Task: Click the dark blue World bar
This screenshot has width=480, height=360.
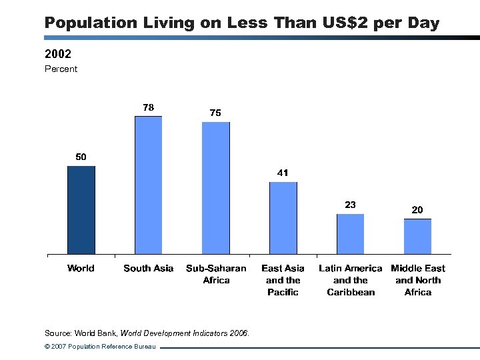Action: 81,210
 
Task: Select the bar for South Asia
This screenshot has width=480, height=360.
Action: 148,185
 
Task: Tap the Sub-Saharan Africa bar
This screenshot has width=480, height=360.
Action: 216,188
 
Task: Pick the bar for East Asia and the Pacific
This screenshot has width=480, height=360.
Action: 283,218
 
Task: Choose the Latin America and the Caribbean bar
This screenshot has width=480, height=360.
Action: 350,234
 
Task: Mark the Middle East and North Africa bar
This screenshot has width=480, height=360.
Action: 417,236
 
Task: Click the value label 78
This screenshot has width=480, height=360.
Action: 148,107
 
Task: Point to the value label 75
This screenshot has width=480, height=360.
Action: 215,113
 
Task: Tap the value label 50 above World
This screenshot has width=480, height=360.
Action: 81,157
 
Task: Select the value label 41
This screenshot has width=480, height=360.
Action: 283,173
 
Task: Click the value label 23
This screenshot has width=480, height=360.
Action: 350,205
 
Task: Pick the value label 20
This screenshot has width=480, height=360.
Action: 417,209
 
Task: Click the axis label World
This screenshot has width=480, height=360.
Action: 81,268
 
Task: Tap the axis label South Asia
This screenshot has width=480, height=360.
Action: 148,268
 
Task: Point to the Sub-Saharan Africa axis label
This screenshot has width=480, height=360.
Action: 216,274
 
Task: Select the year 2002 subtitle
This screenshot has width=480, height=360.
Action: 58,53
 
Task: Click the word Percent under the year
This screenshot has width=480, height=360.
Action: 61,69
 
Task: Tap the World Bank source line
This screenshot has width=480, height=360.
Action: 147,333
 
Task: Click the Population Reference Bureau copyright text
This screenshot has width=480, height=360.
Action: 100,347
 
